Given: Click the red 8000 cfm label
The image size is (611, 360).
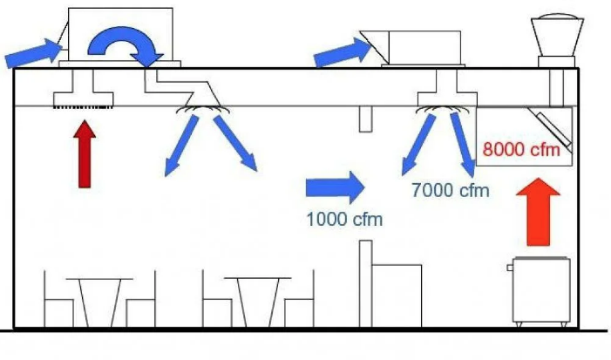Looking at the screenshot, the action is point(521,149).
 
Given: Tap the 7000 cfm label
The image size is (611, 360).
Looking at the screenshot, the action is point(451,190).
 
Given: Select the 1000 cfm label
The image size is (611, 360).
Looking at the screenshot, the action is point(344,220).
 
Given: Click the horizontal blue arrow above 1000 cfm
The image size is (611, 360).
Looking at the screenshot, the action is point(335,187).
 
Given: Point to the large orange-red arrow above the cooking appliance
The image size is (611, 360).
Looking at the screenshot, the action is point(538,213).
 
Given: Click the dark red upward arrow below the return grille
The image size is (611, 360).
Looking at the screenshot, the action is point(85,154).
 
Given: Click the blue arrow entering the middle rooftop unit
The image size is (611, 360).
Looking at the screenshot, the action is point(343,51).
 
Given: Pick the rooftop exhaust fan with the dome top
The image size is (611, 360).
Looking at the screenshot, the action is point(557,40).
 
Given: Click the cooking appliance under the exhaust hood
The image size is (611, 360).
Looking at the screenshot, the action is point(540,291).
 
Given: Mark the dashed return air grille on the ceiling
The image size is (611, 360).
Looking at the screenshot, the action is point(83,106).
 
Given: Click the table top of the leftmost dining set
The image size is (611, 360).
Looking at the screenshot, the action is point(99,279).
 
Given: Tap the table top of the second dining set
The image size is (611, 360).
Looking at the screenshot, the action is point(258,278).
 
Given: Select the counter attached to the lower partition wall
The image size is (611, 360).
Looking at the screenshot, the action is point(397,295).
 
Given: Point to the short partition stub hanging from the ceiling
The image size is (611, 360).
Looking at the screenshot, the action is point(365,119).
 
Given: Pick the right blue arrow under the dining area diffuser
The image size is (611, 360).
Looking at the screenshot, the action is point(235,143).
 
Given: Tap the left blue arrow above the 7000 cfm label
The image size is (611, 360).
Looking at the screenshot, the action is point(418,144).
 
